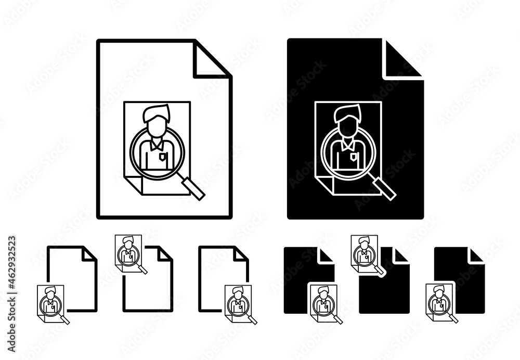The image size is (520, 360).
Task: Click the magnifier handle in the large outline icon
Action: pyautogui.click(x=192, y=188)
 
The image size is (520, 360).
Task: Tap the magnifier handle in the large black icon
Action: pyautogui.click(x=384, y=188)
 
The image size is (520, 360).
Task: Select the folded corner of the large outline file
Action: pyautogui.click(x=212, y=60)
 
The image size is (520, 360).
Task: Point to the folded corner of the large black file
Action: pyautogui.click(x=402, y=60)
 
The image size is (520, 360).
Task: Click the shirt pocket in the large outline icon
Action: pyautogui.click(x=162, y=156)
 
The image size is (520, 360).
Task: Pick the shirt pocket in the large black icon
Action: pyautogui.click(x=354, y=156)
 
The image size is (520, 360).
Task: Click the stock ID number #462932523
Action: pyautogui.click(x=12, y=264)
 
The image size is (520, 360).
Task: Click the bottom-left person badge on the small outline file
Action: pyautogui.click(x=53, y=304)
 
